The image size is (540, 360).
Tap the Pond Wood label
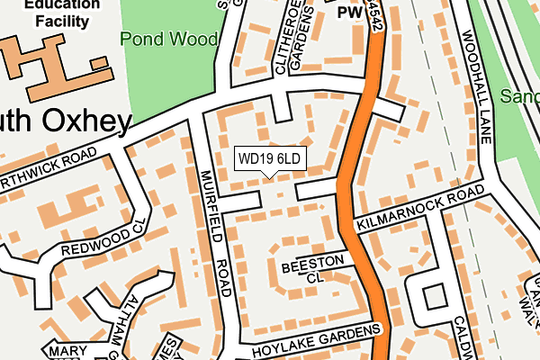coord(167,40)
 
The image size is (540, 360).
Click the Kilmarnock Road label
coord(419,210)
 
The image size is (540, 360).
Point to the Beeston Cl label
coord(312,268)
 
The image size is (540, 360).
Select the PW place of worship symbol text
coord(349,13)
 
